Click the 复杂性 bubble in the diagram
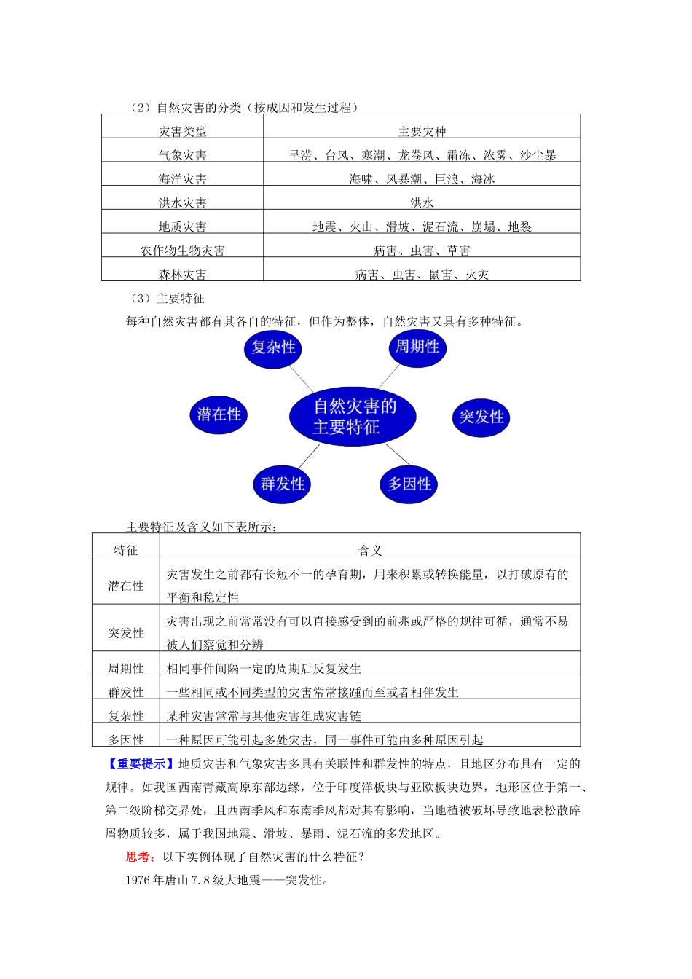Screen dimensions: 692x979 (273, 347)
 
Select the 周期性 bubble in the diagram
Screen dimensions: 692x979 (417, 347)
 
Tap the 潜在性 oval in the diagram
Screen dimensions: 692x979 (219, 414)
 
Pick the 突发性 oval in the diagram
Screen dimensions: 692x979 (481, 417)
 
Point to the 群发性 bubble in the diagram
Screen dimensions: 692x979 (283, 484)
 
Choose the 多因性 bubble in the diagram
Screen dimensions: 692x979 (409, 484)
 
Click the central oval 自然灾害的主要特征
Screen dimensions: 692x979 (353, 416)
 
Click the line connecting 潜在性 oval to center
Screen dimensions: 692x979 (269, 414)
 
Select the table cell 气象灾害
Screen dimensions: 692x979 (183, 155)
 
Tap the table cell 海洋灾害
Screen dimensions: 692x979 (183, 179)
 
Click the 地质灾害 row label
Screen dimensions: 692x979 (183, 227)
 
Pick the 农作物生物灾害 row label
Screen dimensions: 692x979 (183, 251)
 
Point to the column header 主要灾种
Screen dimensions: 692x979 (422, 132)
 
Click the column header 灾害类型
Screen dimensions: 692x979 (183, 132)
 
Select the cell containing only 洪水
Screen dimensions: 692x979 (422, 203)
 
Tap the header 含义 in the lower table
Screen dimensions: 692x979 (370, 551)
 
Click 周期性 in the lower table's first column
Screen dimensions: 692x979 (126, 669)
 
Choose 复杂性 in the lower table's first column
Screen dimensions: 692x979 (126, 716)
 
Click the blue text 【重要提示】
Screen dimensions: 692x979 (139, 764)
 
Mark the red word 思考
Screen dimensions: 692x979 (138, 857)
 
